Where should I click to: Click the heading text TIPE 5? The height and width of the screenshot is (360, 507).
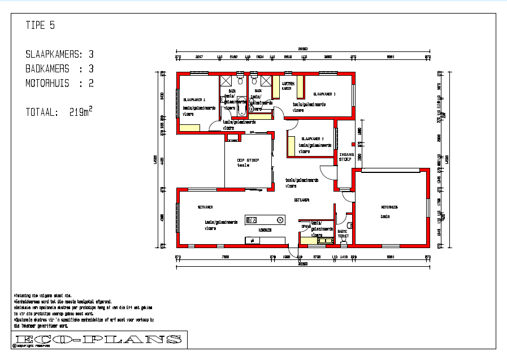click(40, 25)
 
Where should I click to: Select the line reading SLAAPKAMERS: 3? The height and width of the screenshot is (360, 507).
click(59, 55)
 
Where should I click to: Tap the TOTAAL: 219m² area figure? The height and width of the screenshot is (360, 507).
click(59, 112)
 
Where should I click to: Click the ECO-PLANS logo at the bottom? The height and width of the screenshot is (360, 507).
click(98, 339)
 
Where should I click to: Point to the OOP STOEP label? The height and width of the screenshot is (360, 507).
click(248, 161)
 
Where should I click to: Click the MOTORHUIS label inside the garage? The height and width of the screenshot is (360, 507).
click(389, 207)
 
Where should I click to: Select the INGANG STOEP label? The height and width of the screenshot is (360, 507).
click(345, 157)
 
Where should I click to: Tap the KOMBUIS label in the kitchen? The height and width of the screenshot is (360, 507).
click(265, 230)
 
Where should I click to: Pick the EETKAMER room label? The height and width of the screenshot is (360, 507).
click(301, 201)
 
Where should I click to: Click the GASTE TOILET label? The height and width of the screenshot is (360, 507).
click(343, 233)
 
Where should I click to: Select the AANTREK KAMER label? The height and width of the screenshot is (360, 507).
click(287, 86)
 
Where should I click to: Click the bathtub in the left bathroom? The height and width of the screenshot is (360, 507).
click(242, 106)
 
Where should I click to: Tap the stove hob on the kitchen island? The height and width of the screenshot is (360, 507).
click(252, 220)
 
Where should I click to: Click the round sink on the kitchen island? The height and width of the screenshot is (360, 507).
click(279, 220)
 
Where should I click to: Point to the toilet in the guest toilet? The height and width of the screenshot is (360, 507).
click(343, 240)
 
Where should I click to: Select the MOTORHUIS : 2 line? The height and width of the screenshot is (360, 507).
click(59, 84)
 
